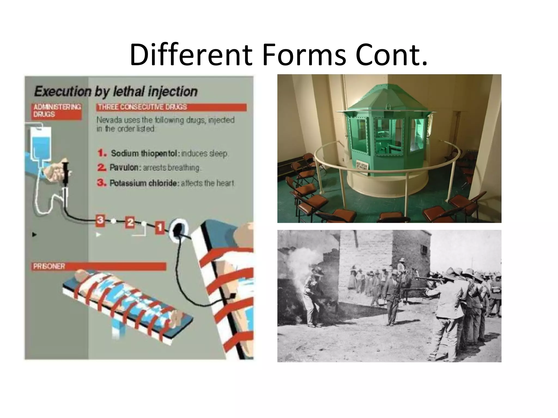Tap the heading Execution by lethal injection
pyautogui.click(x=116, y=91)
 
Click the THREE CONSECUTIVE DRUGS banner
pyautogui.click(x=171, y=107)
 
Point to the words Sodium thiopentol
pyautogui.click(x=144, y=153)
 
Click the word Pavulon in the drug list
pyautogui.click(x=124, y=168)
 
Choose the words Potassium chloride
pyautogui.click(x=143, y=183)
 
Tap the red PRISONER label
pyautogui.click(x=49, y=266)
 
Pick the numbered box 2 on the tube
pyautogui.click(x=130, y=223)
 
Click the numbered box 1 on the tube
pyautogui.click(x=160, y=227)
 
